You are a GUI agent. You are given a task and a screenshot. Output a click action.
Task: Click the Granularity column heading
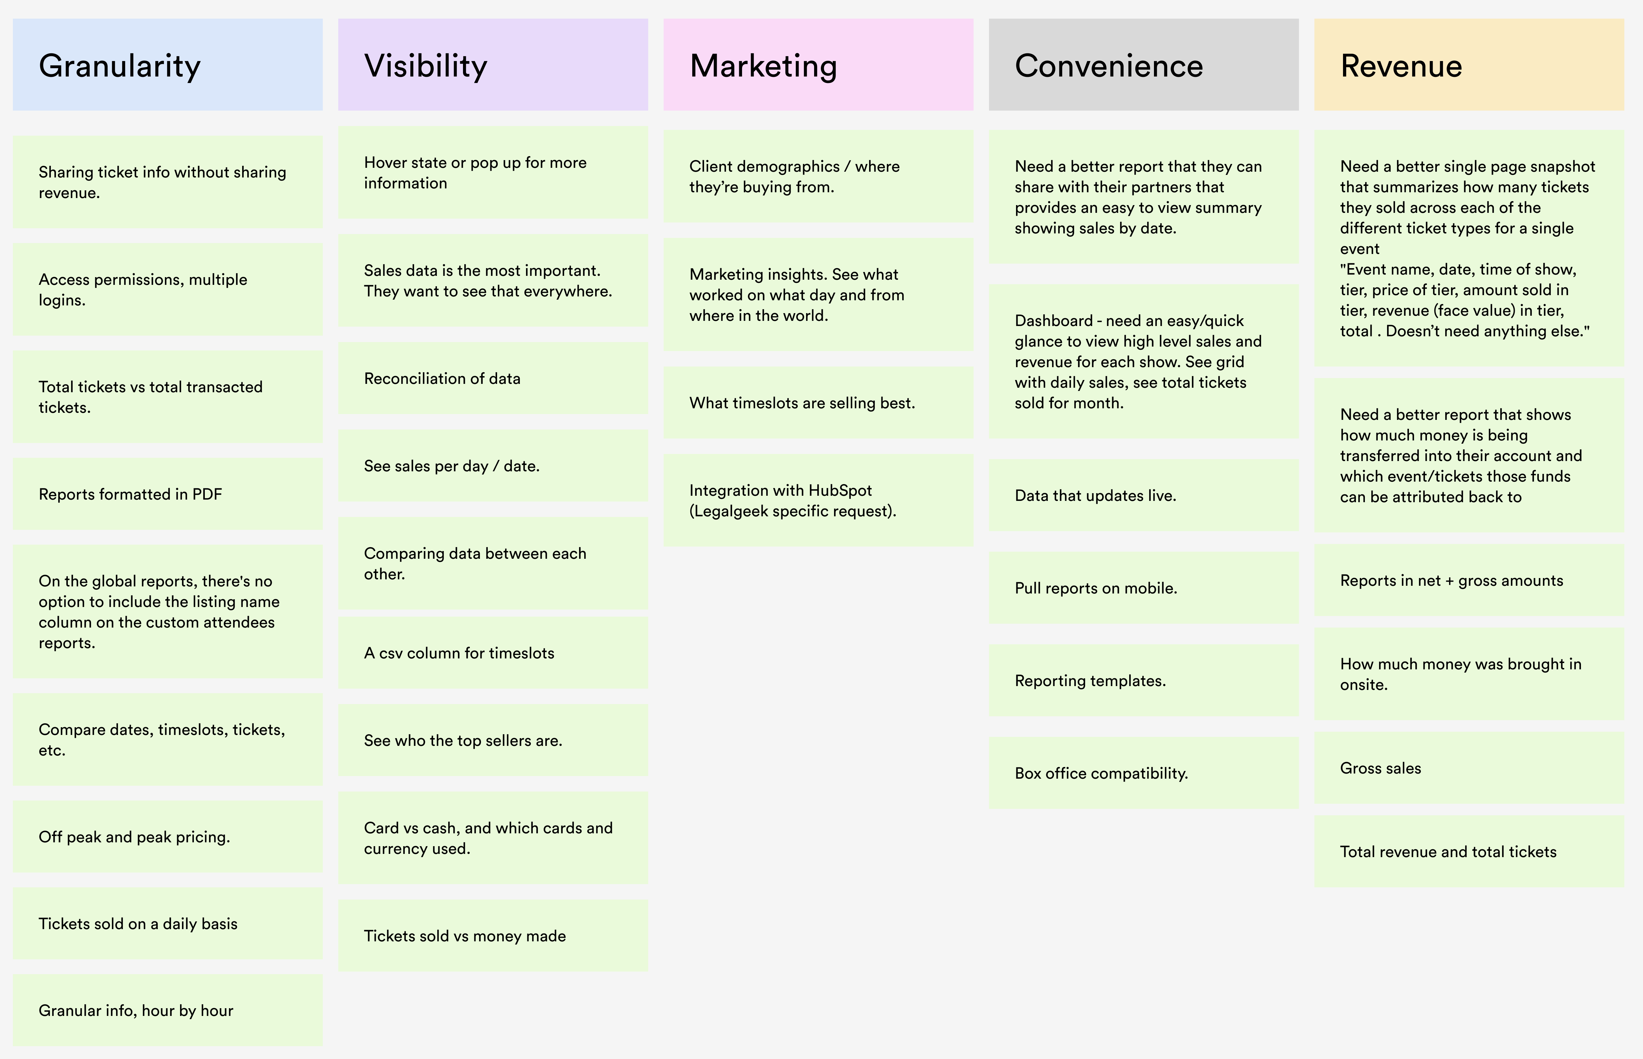120,66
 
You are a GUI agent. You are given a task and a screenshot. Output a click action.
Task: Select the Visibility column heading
426,66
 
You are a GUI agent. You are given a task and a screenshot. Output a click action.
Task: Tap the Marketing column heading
763,66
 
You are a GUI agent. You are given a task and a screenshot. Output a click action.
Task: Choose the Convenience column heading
1109,66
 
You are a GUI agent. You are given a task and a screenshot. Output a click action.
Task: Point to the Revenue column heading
1401,66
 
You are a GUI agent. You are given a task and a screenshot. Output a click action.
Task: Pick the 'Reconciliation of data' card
493,378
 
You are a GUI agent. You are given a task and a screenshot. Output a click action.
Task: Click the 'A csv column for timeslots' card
493,653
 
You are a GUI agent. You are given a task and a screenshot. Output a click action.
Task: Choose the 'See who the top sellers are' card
493,740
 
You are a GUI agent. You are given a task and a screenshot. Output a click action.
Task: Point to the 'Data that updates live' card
1143,495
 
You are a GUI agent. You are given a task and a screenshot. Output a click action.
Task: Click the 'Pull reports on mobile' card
1143,588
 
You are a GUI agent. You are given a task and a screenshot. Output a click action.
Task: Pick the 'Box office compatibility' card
1143,773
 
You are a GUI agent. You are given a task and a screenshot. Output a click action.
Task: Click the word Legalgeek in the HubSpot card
731,511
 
